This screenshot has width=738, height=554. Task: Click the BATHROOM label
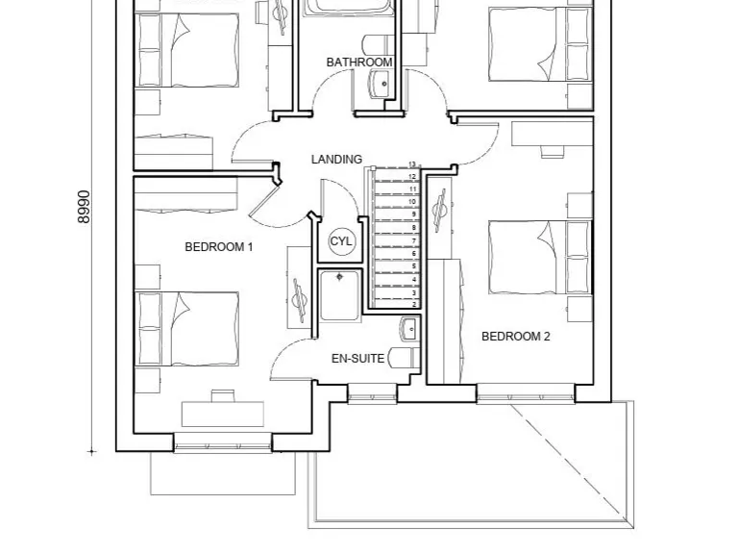click(x=359, y=63)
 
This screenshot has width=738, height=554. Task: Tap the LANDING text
click(x=336, y=159)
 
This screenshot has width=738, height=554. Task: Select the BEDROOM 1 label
click(x=218, y=247)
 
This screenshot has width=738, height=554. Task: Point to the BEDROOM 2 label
click(x=515, y=337)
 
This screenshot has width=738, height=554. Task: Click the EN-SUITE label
click(x=357, y=359)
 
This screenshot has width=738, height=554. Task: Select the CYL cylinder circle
click(x=342, y=241)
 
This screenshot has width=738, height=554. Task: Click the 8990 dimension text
click(x=85, y=206)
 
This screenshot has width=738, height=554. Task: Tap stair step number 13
click(x=413, y=165)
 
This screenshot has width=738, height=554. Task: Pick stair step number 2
click(x=413, y=303)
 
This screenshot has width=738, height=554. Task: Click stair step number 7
click(x=413, y=240)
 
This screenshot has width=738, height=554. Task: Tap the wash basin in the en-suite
click(x=407, y=329)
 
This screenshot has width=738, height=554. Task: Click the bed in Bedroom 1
click(x=187, y=329)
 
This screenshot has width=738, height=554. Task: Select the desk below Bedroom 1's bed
click(x=223, y=412)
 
